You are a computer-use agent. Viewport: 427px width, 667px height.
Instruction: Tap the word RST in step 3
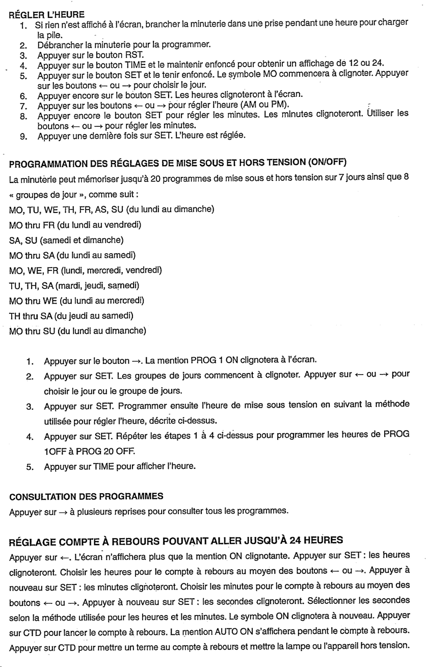tap(136, 55)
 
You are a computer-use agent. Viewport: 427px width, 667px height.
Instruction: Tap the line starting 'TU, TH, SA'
tap(74, 285)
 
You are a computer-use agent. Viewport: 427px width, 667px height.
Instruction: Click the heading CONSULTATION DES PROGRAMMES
tap(86, 496)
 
